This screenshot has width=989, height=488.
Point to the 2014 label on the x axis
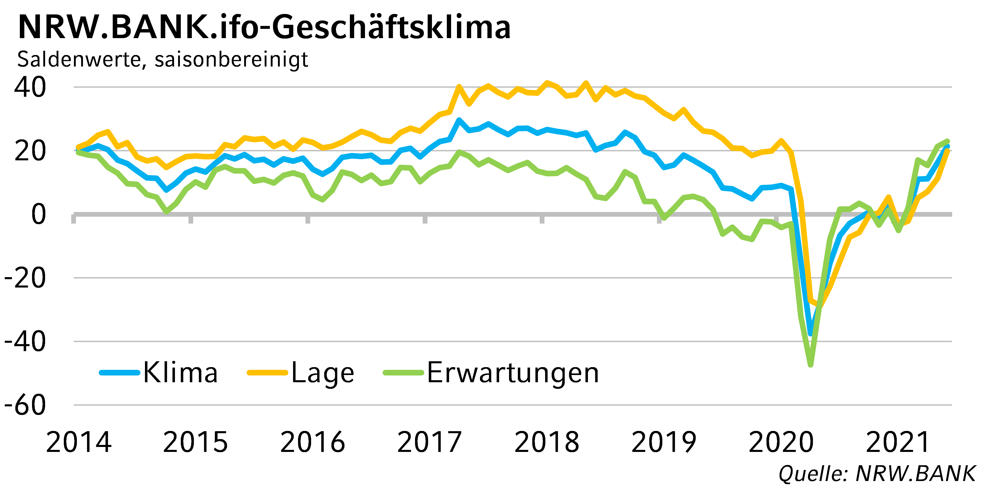click(x=79, y=442)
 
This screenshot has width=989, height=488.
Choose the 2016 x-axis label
click(x=312, y=442)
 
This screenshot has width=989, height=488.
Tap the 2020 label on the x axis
click(x=781, y=442)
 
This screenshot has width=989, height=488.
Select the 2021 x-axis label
click(x=898, y=442)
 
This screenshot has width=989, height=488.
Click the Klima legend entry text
click(x=180, y=373)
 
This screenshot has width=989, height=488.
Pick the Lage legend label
click(x=323, y=373)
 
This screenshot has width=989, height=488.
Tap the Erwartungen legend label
click(x=513, y=373)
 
